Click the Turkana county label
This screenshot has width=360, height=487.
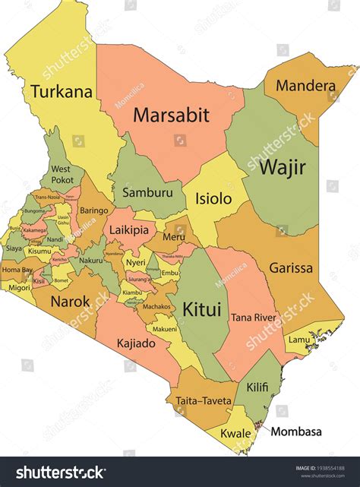pyautogui.click(x=62, y=93)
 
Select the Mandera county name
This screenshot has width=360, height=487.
pyautogui.click(x=305, y=86)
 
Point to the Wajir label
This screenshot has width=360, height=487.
pyautogui.click(x=283, y=167)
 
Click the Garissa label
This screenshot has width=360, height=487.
pyautogui.click(x=290, y=267)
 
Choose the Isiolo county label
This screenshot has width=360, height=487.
pyautogui.click(x=213, y=199)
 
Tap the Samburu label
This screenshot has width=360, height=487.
pyautogui.click(x=147, y=193)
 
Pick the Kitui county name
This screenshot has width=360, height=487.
pyautogui.click(x=201, y=309)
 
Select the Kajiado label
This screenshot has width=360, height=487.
pyautogui.click(x=137, y=343)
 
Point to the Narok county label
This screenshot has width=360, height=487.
pyautogui.click(x=70, y=302)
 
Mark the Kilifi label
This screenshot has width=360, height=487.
pyautogui.click(x=257, y=387)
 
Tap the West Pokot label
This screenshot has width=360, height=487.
pyautogui.click(x=62, y=174)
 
